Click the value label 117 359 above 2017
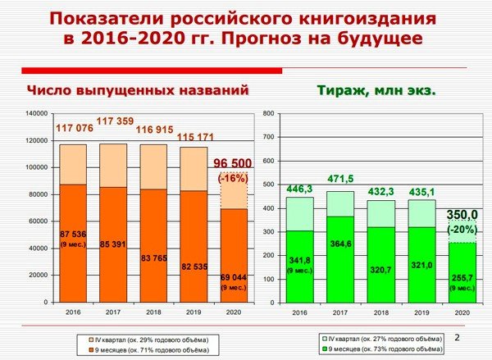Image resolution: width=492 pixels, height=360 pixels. [116, 121]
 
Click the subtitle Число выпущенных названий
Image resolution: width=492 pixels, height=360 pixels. [136, 90]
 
